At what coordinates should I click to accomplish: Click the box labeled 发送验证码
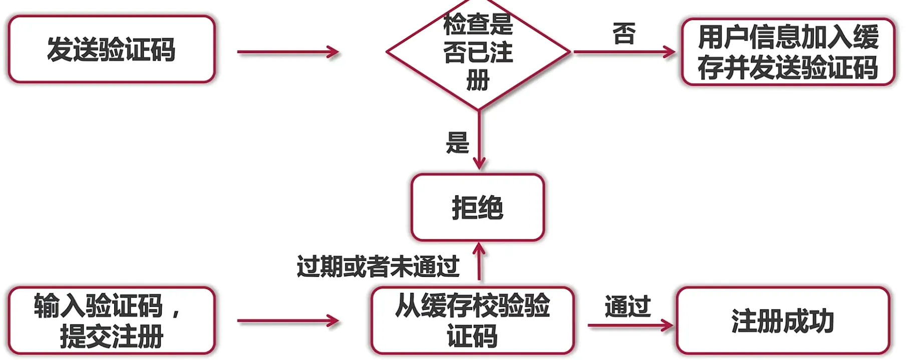(111, 49)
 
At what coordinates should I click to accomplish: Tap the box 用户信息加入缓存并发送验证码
(788, 52)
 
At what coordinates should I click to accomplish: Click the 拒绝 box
(477, 207)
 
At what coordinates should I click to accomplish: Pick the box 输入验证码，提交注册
(111, 320)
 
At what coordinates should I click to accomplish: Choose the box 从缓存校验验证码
(472, 320)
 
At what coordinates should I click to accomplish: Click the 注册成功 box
(782, 321)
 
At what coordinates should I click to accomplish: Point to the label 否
(624, 34)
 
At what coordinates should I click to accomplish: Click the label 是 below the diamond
(457, 143)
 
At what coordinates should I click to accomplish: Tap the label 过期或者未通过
(378, 266)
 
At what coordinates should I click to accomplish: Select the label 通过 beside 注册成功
(628, 306)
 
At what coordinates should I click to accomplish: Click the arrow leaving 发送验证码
(288, 52)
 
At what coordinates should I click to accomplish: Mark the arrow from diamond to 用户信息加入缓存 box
(624, 52)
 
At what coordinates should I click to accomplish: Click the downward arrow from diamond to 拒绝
(479, 140)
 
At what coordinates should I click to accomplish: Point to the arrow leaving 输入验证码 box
(288, 321)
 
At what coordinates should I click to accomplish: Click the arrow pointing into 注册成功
(630, 326)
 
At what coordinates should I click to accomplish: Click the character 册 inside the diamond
(478, 80)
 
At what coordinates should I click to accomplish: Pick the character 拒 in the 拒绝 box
(464, 208)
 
